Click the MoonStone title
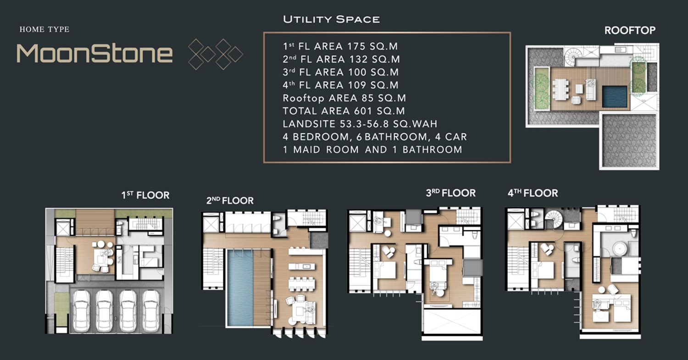[94, 54]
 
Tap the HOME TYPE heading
[44, 29]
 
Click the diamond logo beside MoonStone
[215, 54]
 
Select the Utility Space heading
[332, 19]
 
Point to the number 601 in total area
[363, 111]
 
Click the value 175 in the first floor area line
[356, 46]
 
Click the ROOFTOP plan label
[630, 30]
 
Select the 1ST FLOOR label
[145, 195]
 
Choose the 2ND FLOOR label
[230, 200]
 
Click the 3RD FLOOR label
[450, 193]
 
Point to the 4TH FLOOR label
[533, 193]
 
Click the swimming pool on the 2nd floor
[240, 288]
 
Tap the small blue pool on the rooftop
[615, 96]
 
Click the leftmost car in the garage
[81, 311]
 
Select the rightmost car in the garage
[151, 311]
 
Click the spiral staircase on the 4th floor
[554, 219]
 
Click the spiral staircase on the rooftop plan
[573, 56]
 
